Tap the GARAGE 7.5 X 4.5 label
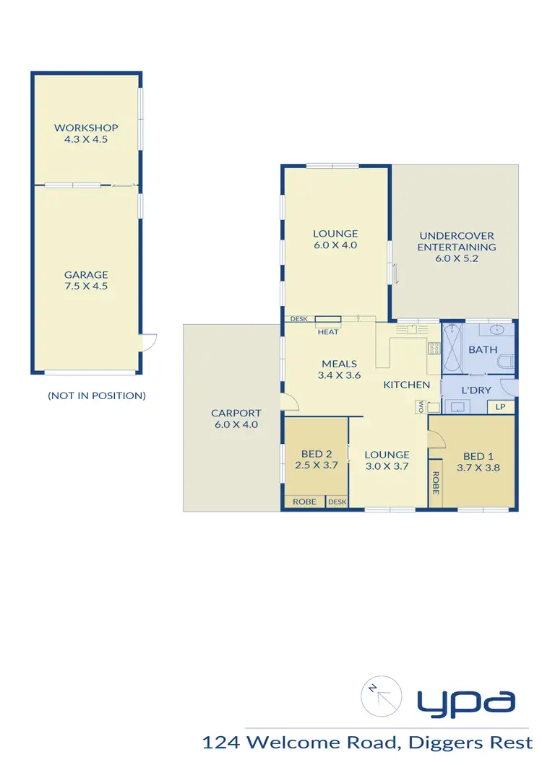click(86, 280)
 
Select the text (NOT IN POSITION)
click(97, 395)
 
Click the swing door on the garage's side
click(148, 343)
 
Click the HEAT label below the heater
click(327, 331)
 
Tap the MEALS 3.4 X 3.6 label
click(340, 370)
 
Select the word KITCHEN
click(407, 385)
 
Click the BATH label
click(483, 349)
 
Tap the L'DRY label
click(476, 390)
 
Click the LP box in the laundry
click(500, 407)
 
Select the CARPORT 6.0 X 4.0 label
click(236, 419)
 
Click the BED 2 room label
click(317, 460)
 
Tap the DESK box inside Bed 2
click(337, 502)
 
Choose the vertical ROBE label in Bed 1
click(436, 481)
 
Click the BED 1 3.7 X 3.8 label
click(478, 461)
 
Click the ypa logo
click(465, 700)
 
